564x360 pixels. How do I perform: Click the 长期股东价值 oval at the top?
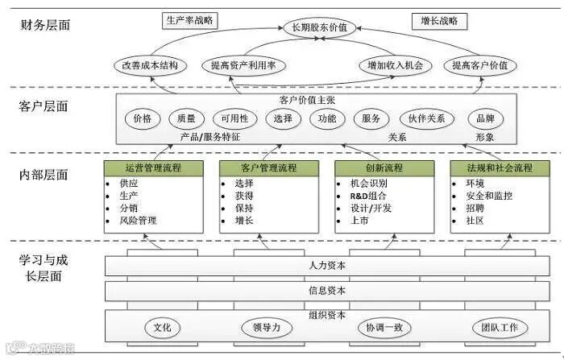pyautogui.click(x=320, y=28)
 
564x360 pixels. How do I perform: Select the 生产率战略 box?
pyautogui.click(x=190, y=19)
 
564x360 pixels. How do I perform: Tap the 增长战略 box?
pyautogui.click(x=439, y=19)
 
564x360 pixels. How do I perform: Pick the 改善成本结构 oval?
pyautogui.click(x=150, y=65)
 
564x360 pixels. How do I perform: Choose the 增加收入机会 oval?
pyautogui.click(x=395, y=65)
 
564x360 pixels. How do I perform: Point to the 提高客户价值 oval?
pyautogui.click(x=480, y=65)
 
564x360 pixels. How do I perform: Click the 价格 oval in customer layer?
pyautogui.click(x=143, y=118)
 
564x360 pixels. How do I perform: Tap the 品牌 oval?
pyautogui.click(x=486, y=118)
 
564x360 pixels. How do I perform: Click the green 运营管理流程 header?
pyautogui.click(x=153, y=168)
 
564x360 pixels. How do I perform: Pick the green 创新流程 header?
pyautogui.click(x=383, y=168)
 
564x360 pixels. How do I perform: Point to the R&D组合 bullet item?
pyautogui.click(x=368, y=196)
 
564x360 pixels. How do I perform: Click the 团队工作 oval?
pyautogui.click(x=500, y=328)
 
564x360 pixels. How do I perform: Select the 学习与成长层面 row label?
pyautogui.click(x=44, y=268)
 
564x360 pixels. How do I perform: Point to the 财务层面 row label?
pyautogui.click(x=44, y=25)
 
